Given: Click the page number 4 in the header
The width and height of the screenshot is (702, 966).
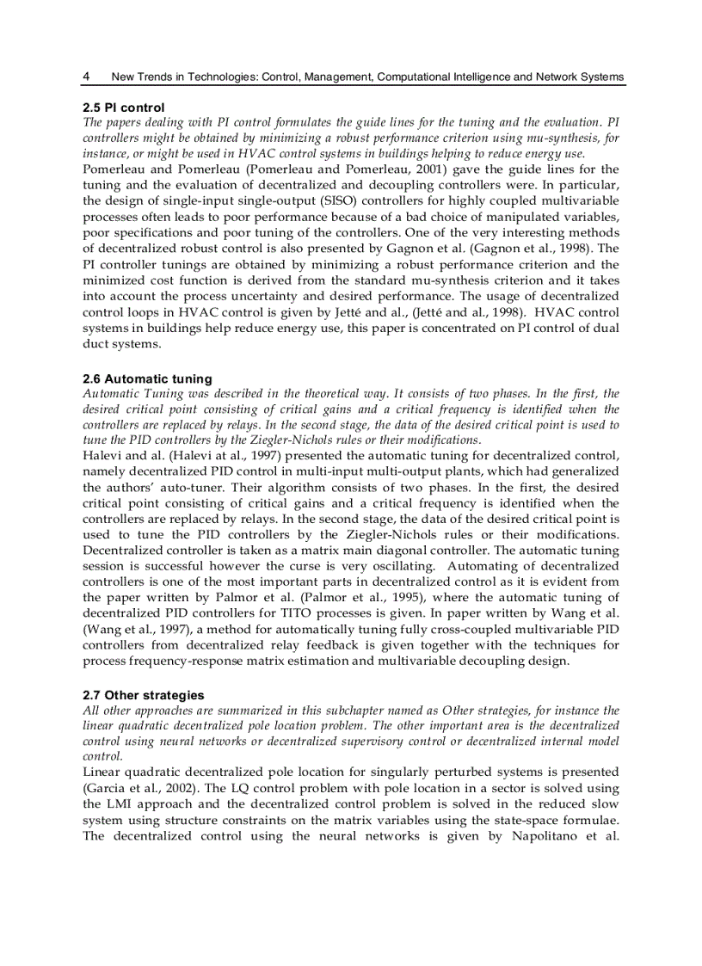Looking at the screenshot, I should click(x=86, y=77).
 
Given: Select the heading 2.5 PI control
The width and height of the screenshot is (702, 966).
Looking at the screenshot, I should click(x=118, y=108).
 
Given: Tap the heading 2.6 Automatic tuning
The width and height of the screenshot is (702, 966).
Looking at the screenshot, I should click(x=147, y=378).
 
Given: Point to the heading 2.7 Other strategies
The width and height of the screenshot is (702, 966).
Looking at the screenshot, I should click(x=144, y=694).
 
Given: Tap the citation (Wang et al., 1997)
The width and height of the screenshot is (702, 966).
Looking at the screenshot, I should click(x=129, y=629).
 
